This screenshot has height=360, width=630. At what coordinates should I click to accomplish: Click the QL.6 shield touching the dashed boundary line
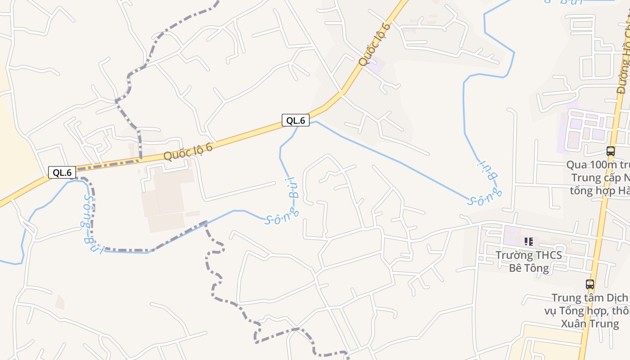tap(62, 172)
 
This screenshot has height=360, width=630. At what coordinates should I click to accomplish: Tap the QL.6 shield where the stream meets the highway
tap(296, 120)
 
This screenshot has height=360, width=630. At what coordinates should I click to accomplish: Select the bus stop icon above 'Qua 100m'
tap(610, 151)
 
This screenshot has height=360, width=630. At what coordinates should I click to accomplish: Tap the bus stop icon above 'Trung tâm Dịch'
tap(589, 284)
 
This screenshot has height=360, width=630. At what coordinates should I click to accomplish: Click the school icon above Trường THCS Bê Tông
tap(529, 242)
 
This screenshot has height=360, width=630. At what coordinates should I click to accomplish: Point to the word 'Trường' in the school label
tap(513, 255)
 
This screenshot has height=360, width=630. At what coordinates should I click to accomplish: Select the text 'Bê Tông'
tap(529, 268)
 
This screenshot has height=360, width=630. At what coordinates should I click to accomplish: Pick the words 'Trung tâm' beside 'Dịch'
tap(577, 298)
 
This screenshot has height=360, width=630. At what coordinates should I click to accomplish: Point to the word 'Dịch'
tap(616, 298)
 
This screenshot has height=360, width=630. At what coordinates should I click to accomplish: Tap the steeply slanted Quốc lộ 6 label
tap(374, 44)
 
